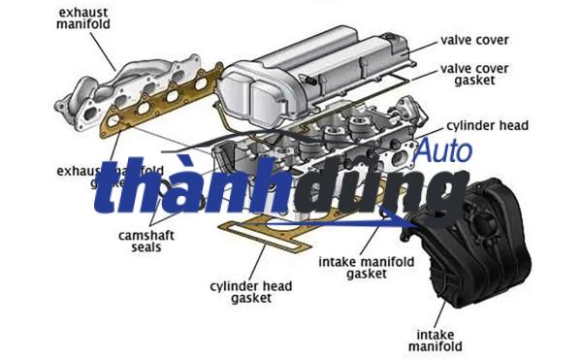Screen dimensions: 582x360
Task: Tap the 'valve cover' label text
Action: pyautogui.click(x=474, y=40)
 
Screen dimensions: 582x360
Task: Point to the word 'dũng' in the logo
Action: pyautogui.click(x=369, y=194)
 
